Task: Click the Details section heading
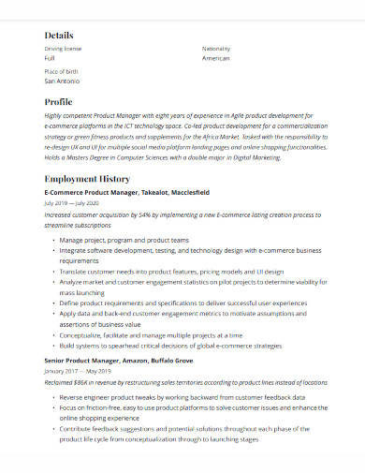click(x=58, y=35)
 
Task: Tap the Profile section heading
click(x=58, y=102)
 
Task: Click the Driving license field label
click(x=63, y=48)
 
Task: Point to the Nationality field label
click(x=215, y=48)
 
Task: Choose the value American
click(x=215, y=58)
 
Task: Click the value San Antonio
click(x=63, y=81)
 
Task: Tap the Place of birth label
click(x=62, y=71)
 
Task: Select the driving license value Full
click(x=50, y=58)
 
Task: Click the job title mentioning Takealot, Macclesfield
click(x=126, y=192)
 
